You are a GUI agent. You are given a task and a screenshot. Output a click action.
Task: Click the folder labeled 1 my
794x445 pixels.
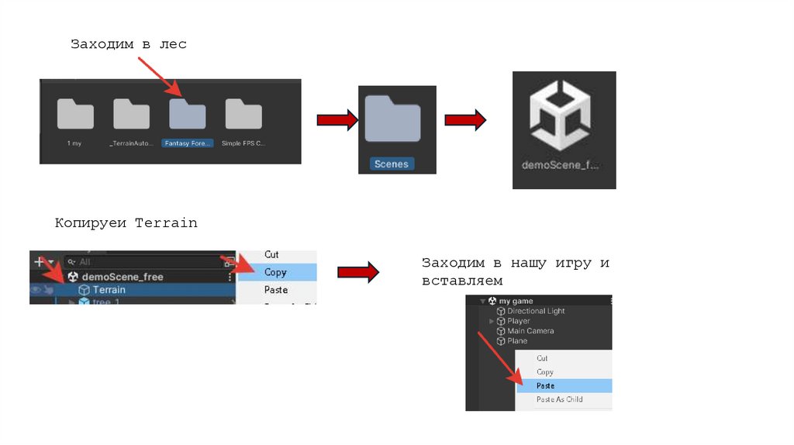[75, 115]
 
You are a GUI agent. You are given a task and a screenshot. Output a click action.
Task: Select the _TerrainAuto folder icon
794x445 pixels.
[131, 115]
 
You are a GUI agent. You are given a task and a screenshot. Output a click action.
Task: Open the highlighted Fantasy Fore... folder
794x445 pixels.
[187, 115]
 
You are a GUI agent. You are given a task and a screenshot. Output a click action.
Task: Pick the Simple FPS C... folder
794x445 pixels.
[243, 115]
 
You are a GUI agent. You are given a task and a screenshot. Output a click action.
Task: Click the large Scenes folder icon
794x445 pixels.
[392, 119]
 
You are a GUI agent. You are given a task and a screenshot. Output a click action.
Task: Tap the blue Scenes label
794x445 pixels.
[391, 164]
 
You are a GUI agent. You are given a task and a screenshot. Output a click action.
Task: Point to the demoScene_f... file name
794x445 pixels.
[561, 165]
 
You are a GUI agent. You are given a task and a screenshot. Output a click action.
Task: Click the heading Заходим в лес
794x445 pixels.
[129, 44]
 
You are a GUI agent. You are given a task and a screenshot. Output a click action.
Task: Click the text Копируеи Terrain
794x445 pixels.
[126, 223]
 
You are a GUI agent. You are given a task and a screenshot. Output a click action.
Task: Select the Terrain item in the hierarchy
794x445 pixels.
[109, 290]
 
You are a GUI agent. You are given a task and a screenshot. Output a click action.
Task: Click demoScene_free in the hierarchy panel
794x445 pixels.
[123, 277]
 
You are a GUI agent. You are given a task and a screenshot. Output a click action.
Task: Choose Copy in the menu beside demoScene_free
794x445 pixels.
[275, 272]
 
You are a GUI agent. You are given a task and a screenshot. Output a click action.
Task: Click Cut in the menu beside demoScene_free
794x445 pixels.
[271, 254]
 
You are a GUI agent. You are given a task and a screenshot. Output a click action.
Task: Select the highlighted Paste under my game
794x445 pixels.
[546, 385]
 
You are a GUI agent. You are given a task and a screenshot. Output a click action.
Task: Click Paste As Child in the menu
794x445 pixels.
[559, 399]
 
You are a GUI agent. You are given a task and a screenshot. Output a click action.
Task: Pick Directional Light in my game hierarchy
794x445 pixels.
[536, 311]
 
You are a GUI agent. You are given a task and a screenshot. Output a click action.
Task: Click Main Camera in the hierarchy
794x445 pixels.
[530, 331]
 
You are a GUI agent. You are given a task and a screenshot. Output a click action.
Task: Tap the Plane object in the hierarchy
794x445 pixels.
[517, 341]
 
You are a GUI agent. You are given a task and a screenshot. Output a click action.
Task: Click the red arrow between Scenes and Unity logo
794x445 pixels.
[465, 119]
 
